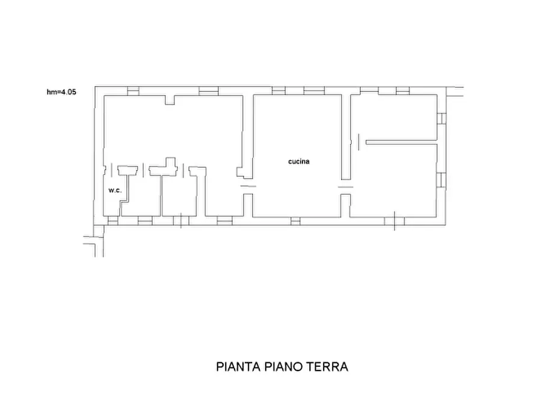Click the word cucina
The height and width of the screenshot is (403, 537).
(x=298, y=161)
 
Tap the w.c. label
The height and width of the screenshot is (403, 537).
(x=115, y=191)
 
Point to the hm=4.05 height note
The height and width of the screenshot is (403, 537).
(x=61, y=92)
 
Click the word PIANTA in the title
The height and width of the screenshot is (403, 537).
(x=237, y=366)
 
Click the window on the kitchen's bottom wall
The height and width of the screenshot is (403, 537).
(x=295, y=221)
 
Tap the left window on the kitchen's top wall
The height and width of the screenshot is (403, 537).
(x=278, y=91)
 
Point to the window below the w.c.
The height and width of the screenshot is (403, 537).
(x=112, y=221)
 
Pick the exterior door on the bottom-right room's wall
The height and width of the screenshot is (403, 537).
(x=394, y=221)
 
